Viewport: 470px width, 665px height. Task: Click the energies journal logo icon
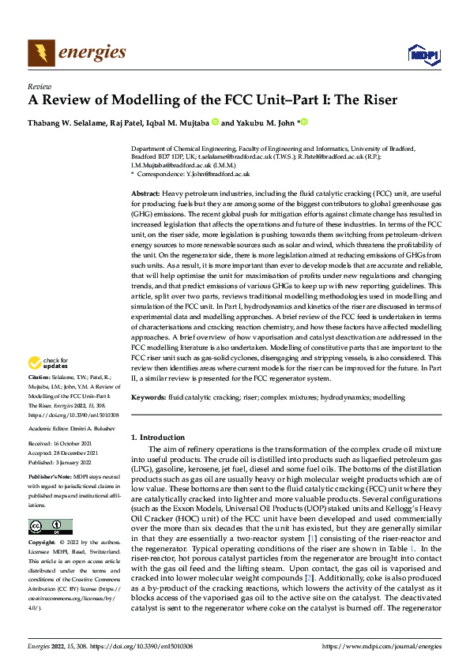coord(39,52)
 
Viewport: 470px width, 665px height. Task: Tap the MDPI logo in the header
coord(419,54)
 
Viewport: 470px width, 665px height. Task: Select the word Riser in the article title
coord(380,101)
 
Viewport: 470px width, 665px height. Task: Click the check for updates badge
coord(47,364)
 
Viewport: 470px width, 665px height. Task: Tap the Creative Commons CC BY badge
coord(50,527)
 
